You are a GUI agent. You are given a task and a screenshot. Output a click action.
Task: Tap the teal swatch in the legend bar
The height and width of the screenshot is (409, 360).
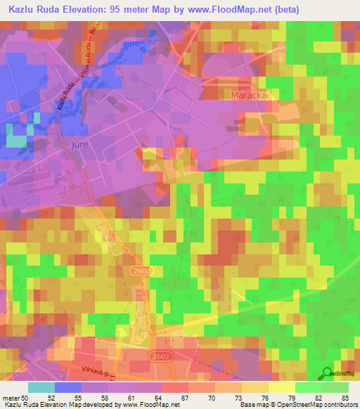pos(41,387)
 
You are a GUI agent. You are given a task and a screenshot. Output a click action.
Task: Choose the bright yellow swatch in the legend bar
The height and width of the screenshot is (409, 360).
pos(282,387)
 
